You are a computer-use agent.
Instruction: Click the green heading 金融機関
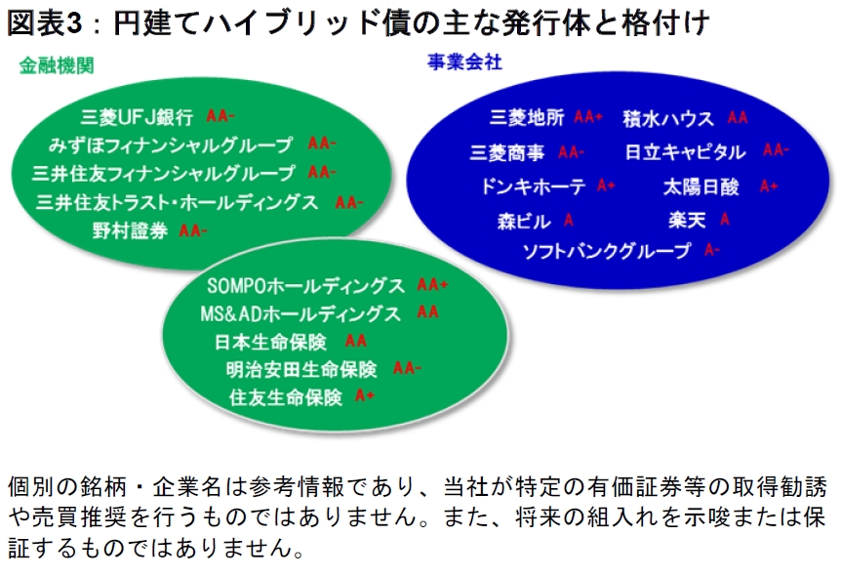tap(57, 65)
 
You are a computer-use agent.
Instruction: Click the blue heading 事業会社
tap(464, 62)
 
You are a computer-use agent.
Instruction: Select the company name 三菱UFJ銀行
tap(137, 116)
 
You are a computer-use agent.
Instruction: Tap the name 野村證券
tap(130, 230)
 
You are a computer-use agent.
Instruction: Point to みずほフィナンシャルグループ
tap(171, 144)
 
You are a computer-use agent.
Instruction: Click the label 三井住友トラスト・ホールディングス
tap(177, 202)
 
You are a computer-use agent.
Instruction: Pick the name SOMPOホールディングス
tap(305, 285)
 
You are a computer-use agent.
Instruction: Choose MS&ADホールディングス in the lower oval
tap(300, 313)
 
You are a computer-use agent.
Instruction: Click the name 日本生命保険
tap(270, 342)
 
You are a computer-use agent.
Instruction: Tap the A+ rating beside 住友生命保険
tap(365, 395)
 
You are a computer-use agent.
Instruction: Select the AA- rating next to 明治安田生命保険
tap(407, 368)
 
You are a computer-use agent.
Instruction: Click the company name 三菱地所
tap(527, 117)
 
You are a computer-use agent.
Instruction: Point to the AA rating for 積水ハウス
tap(738, 117)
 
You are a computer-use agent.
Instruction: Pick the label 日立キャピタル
tap(685, 152)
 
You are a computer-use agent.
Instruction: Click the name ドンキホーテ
tap(533, 186)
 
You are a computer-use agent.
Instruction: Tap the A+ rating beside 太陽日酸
tap(769, 186)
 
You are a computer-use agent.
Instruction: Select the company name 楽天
tap(687, 220)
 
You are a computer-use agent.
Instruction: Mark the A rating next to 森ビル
tap(569, 220)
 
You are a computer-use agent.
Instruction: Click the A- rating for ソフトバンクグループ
tap(712, 249)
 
